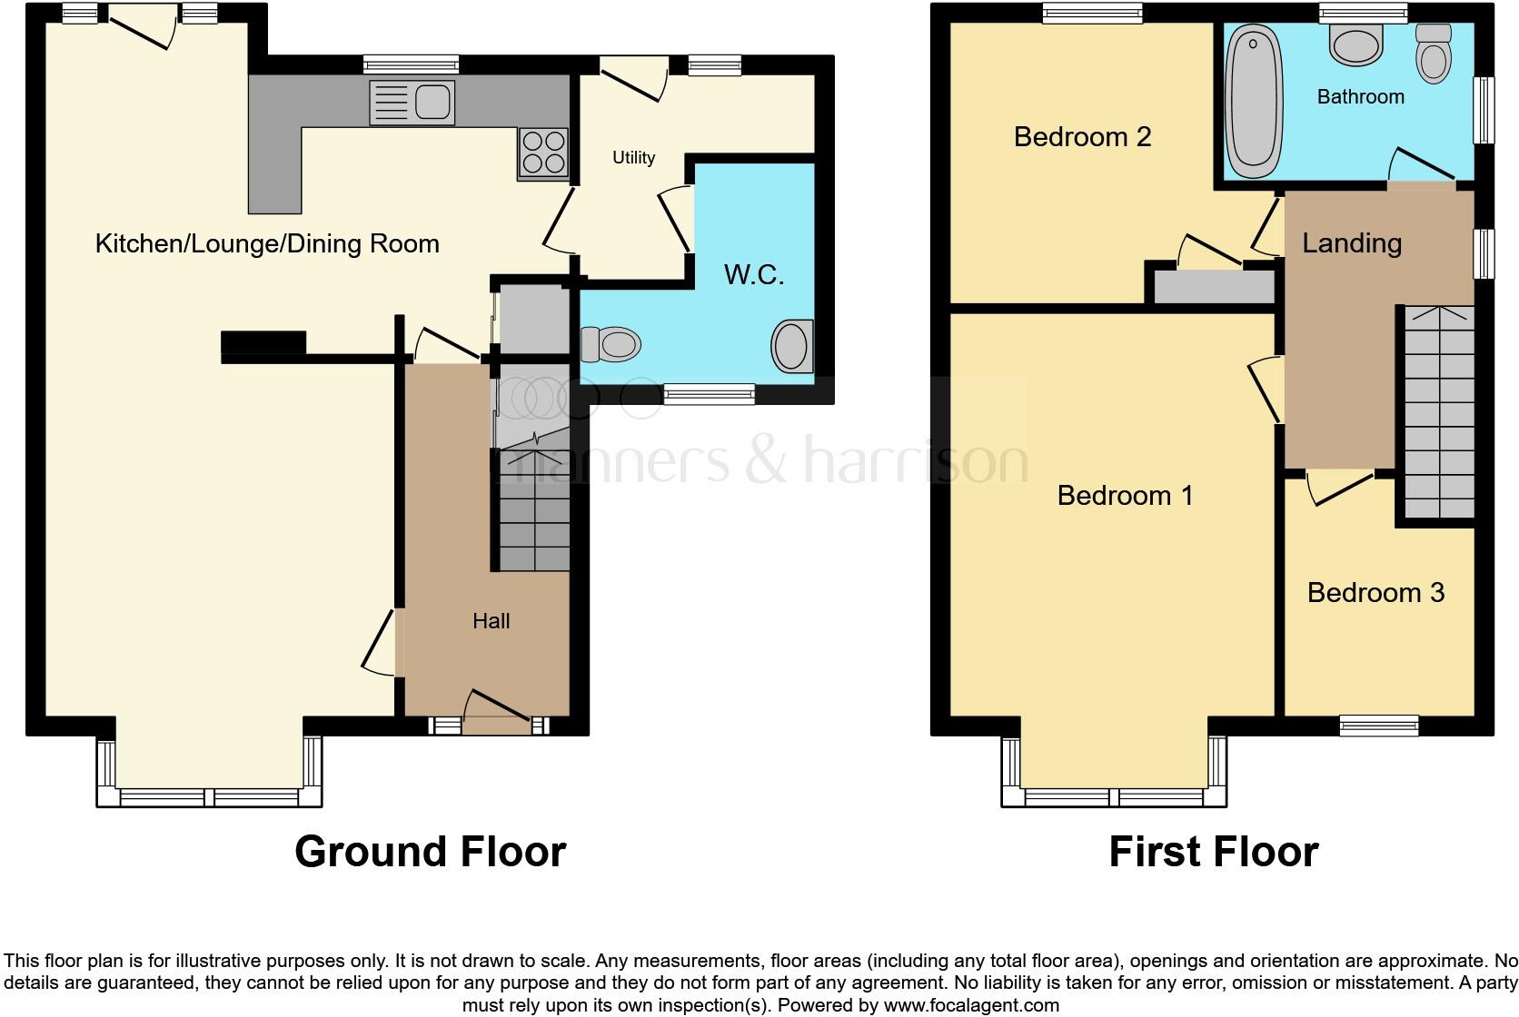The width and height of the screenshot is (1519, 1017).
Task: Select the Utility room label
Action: coord(633,158)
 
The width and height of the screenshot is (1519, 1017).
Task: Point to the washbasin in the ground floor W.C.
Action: coord(792,346)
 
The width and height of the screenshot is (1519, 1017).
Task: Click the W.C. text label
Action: coord(753,274)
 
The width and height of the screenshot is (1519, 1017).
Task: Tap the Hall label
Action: coord(491,621)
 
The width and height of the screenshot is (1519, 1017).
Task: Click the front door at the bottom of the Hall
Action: coord(496,714)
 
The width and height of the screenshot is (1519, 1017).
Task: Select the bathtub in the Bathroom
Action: coord(1255,100)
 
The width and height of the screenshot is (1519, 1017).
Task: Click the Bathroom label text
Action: coord(1360,96)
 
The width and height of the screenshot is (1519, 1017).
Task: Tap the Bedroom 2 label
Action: coord(1082,137)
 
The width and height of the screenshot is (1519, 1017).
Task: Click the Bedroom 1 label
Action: coord(1125,496)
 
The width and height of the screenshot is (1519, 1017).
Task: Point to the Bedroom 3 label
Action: coord(1375,593)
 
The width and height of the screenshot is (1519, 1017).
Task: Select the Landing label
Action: coord(1352,243)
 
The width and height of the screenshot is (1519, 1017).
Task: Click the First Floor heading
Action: coord(1213,852)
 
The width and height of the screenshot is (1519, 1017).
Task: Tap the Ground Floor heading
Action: coord(430,852)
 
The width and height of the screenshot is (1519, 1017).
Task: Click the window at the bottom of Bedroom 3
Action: coord(1378,725)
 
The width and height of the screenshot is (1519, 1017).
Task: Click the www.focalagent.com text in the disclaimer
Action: coord(971,1005)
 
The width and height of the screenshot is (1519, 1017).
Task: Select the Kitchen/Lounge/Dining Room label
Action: coord(267,243)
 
